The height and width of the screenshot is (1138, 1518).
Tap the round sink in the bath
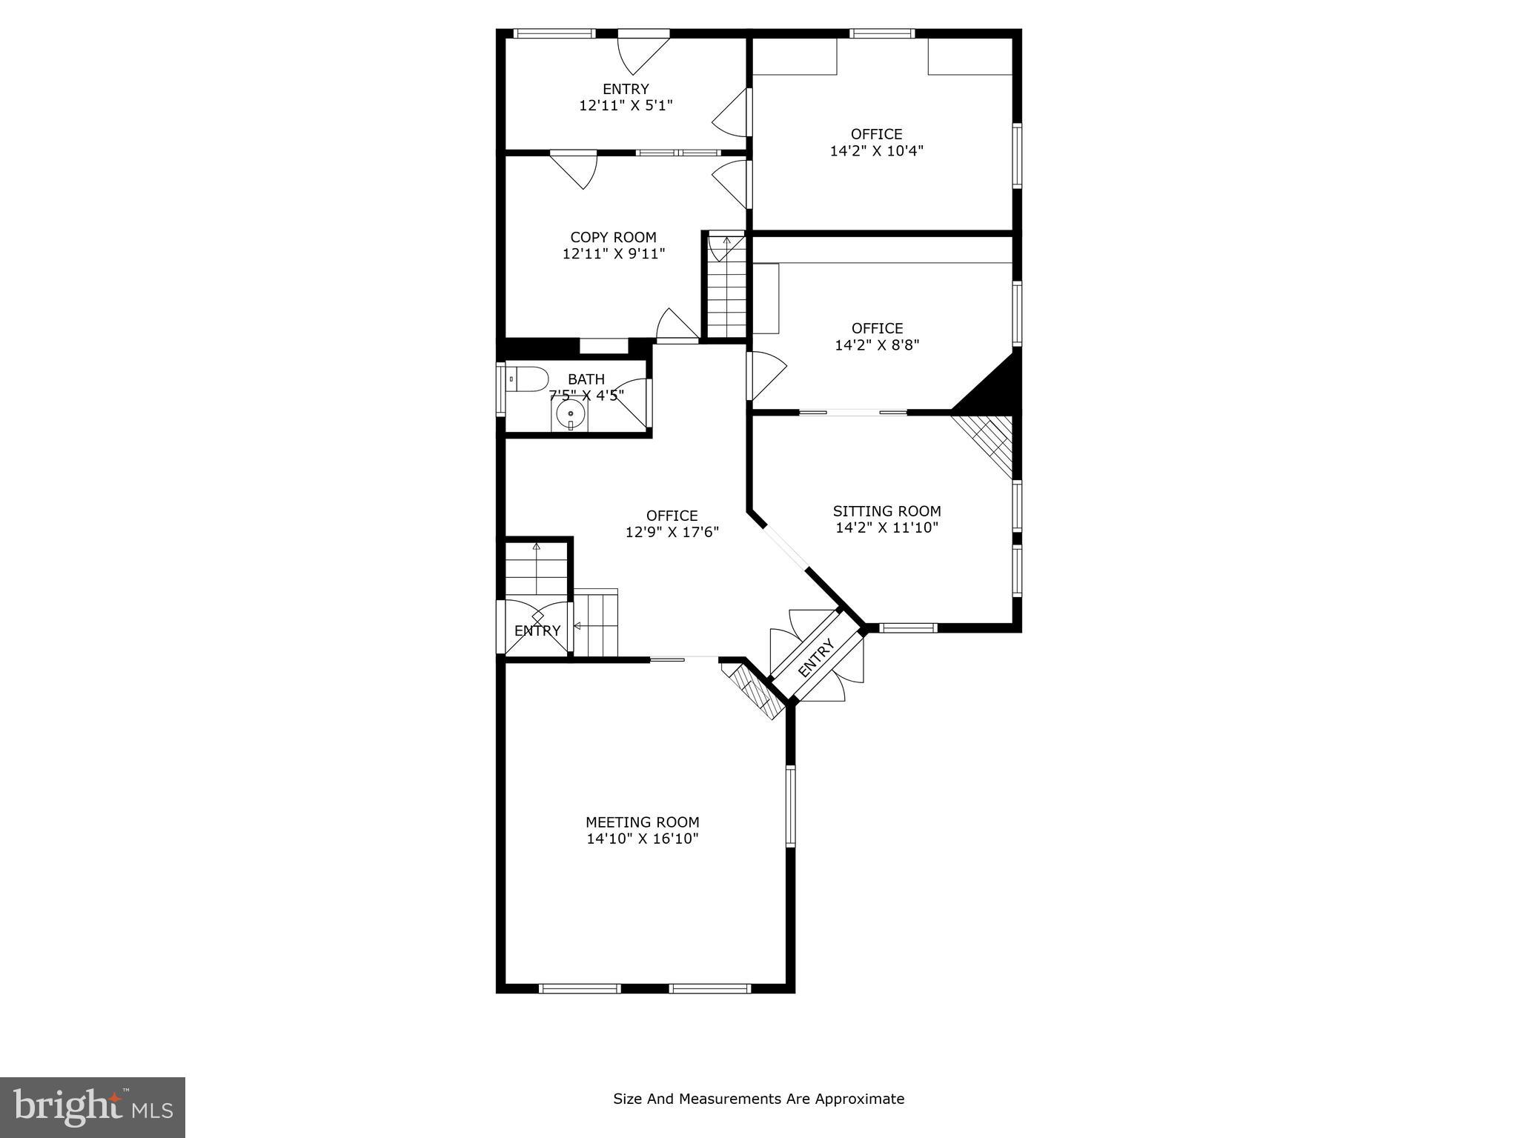click(x=571, y=413)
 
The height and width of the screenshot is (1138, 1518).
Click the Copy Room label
click(x=613, y=237)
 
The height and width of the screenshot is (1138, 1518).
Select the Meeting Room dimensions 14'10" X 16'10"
click(x=643, y=839)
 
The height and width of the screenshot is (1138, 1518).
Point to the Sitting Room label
click(x=886, y=511)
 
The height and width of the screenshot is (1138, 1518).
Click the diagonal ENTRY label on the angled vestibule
click(x=816, y=657)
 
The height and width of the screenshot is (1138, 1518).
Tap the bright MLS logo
click(x=93, y=1107)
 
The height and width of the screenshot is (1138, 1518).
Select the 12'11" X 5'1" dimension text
click(x=626, y=105)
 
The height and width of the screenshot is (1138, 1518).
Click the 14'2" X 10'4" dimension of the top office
click(x=876, y=150)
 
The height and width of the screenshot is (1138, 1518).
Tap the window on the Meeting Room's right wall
click(x=790, y=806)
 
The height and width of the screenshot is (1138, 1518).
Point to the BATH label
click(x=586, y=379)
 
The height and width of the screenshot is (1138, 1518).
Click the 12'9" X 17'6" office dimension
click(x=672, y=532)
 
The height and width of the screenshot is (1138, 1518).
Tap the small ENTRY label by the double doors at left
click(x=537, y=630)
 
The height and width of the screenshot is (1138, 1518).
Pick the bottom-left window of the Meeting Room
click(x=580, y=988)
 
